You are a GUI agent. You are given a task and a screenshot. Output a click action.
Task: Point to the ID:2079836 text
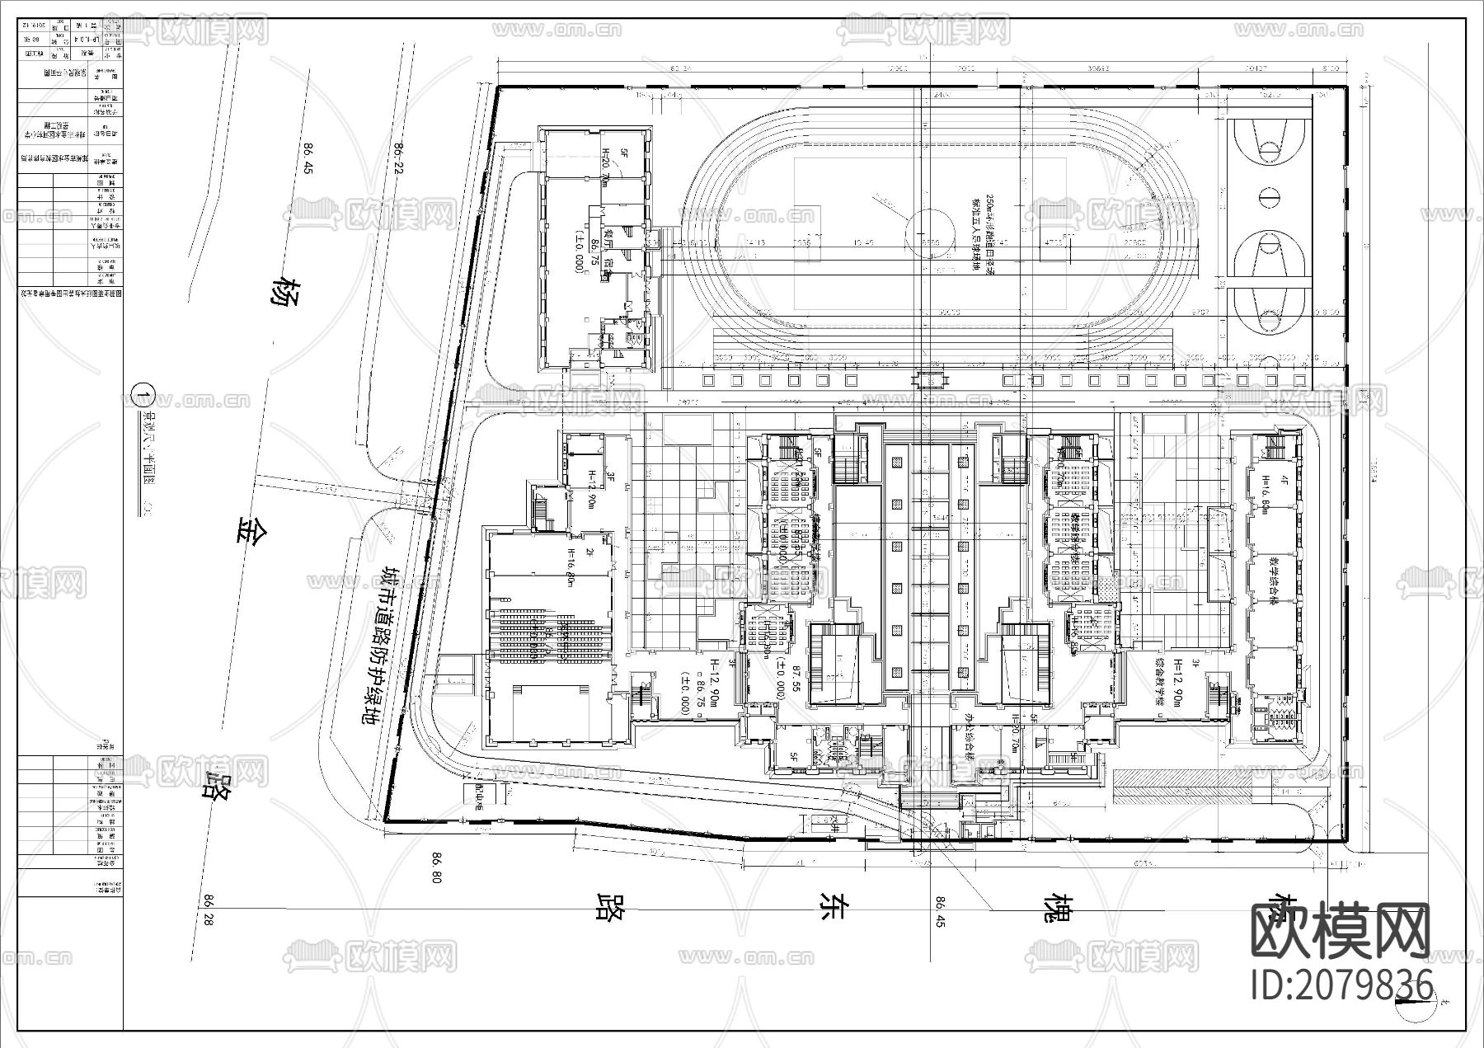[x=1342, y=985]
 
